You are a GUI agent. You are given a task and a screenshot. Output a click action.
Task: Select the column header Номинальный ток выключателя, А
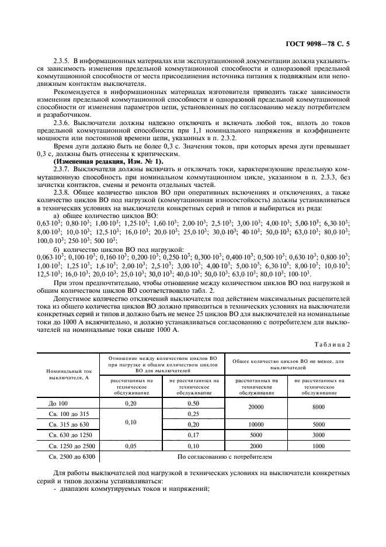69,375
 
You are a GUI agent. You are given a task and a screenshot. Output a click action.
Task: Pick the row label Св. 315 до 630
69,424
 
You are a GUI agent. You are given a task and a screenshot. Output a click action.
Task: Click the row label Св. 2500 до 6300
69,457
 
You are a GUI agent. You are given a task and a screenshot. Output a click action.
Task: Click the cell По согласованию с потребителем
225,457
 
